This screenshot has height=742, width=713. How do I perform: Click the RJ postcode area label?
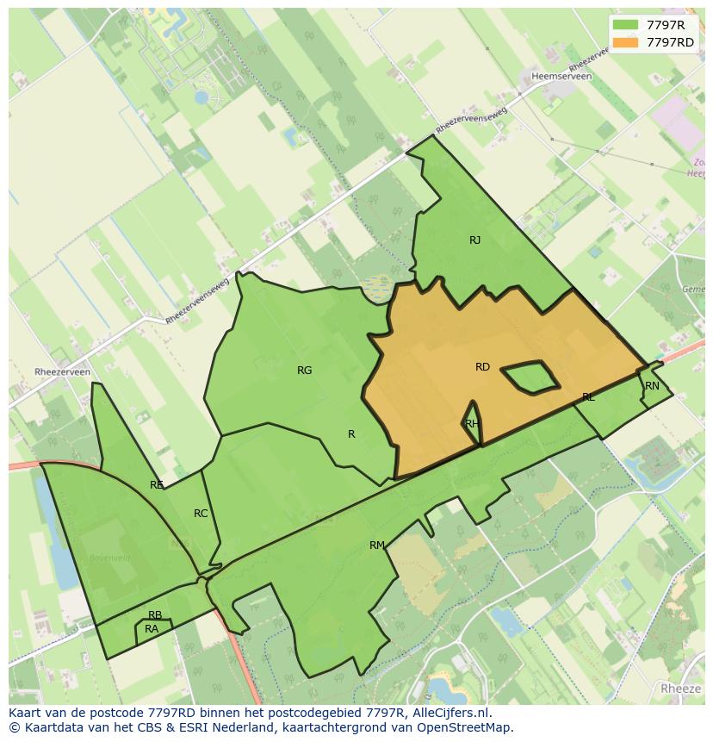point(475,240)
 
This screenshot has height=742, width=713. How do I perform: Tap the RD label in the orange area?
point(482,367)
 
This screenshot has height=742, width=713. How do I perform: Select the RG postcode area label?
point(304,371)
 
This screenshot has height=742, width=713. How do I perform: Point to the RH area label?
point(472,423)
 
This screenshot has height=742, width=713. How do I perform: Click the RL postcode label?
point(588,397)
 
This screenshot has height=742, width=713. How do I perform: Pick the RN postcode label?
point(652,386)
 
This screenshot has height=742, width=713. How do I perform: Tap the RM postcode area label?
point(376,546)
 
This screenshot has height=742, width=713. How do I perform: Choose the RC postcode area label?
point(201,514)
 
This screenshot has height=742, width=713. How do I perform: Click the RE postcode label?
point(156,485)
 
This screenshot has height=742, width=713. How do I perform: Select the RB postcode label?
point(155,615)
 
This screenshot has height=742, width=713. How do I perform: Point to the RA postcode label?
point(152,629)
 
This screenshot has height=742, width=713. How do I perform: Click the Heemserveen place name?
point(562,77)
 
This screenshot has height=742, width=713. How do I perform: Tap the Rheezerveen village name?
point(62,372)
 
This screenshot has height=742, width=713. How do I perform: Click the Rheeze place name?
point(681,689)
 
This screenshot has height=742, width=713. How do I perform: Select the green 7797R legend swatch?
point(626,25)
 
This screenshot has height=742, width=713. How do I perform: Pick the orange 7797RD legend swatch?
point(626,42)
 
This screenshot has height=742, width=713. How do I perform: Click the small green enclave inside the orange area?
point(530,377)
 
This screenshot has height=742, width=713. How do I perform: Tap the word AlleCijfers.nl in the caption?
point(449,713)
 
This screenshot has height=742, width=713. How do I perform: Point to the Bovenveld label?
point(109,558)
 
